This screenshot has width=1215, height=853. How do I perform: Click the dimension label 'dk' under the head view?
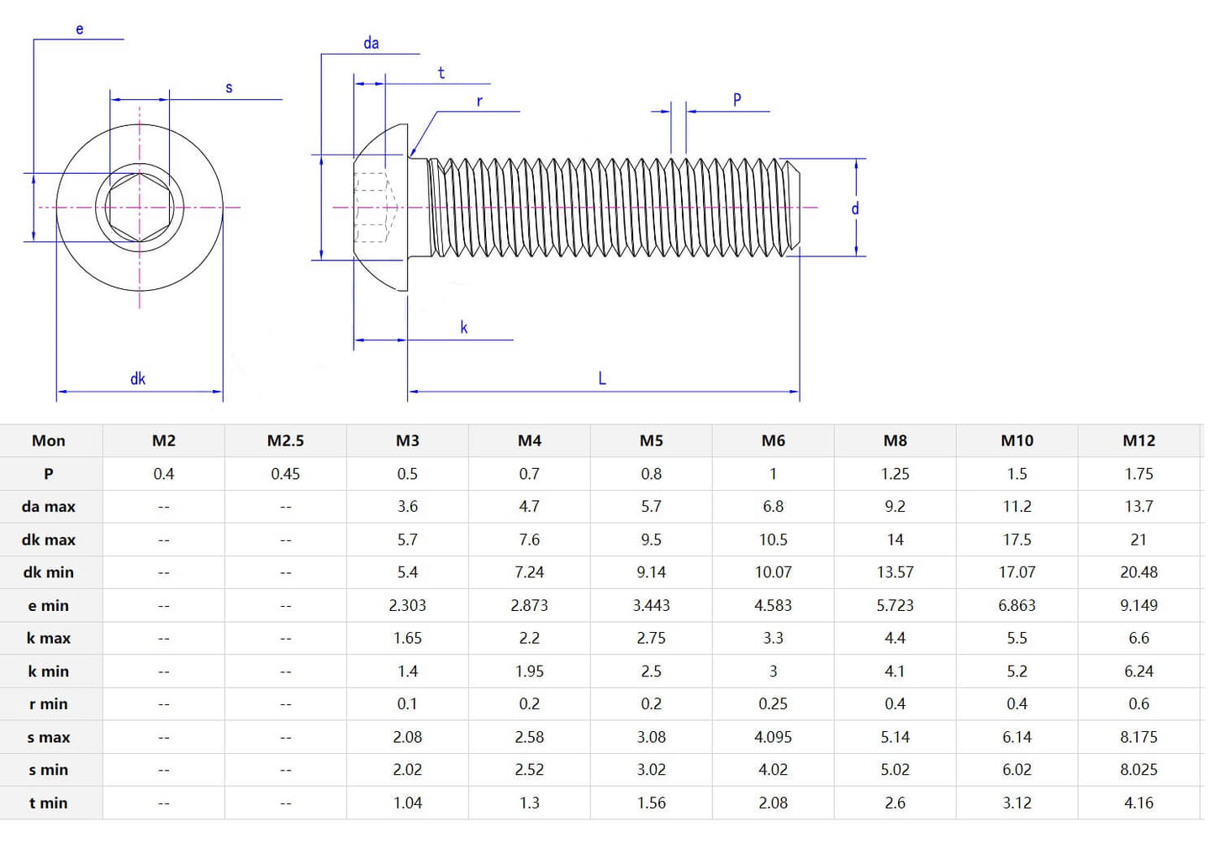(x=138, y=379)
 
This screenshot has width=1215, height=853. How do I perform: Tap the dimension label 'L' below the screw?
(x=602, y=379)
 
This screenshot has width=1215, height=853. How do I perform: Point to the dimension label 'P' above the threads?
(x=737, y=100)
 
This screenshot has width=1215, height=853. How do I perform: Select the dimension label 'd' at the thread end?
(x=855, y=208)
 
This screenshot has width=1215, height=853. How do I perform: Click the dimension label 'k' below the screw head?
(x=463, y=328)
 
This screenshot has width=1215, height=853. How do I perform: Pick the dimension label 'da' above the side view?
(x=371, y=43)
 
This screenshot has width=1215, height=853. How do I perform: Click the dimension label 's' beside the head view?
(x=229, y=87)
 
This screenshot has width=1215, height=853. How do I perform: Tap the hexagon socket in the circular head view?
(x=140, y=207)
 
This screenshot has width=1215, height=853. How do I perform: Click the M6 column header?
(x=773, y=440)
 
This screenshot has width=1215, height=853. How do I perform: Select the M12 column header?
(x=1138, y=440)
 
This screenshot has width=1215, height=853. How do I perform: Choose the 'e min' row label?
(x=49, y=605)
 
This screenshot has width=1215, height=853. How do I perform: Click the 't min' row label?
(x=49, y=803)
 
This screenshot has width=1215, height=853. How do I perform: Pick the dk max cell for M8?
(x=895, y=540)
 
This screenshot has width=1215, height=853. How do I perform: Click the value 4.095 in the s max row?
(x=773, y=737)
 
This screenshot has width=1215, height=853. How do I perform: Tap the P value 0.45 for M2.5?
(x=285, y=474)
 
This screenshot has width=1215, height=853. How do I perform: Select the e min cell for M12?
(x=1138, y=605)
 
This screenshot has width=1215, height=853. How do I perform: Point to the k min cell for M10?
(x=1017, y=671)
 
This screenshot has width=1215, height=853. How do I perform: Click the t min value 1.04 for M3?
(x=407, y=803)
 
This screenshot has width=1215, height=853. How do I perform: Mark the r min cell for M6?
(x=773, y=704)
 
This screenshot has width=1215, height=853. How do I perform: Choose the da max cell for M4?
(x=529, y=507)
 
